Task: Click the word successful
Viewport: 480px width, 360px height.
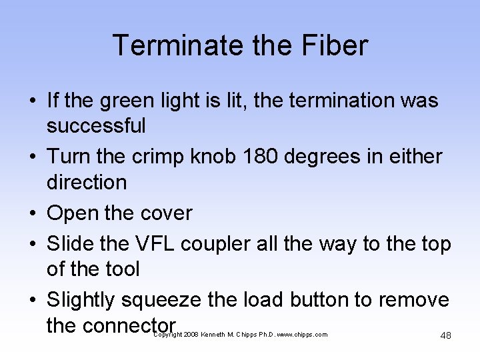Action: [96, 125]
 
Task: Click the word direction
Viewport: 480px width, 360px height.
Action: [86, 181]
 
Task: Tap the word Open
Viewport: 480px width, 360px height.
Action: [72, 213]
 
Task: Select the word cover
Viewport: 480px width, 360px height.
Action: [165, 213]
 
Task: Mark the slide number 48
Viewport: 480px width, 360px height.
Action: [445, 335]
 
